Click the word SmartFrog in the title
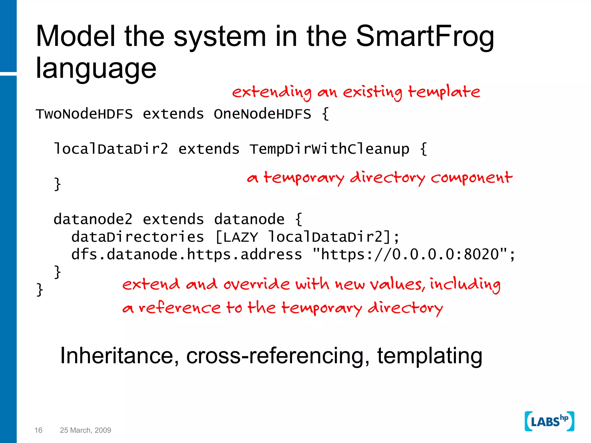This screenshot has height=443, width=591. [425, 37]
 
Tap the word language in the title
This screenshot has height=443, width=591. [96, 69]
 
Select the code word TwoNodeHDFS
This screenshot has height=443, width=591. [84, 114]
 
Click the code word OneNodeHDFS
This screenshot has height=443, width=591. [262, 114]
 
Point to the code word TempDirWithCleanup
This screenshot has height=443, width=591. [329, 149]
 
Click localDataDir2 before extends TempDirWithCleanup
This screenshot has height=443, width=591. [111, 149]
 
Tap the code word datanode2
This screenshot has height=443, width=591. [93, 219]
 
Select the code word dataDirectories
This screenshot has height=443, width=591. [138, 237]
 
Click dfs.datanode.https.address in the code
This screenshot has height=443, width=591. [186, 255]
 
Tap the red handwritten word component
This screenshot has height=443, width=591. [472, 178]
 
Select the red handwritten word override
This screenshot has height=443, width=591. [257, 284]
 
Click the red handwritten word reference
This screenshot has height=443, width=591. [179, 308]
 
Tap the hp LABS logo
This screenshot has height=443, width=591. [549, 421]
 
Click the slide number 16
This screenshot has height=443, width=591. [38, 430]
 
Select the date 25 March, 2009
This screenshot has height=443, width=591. [85, 430]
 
